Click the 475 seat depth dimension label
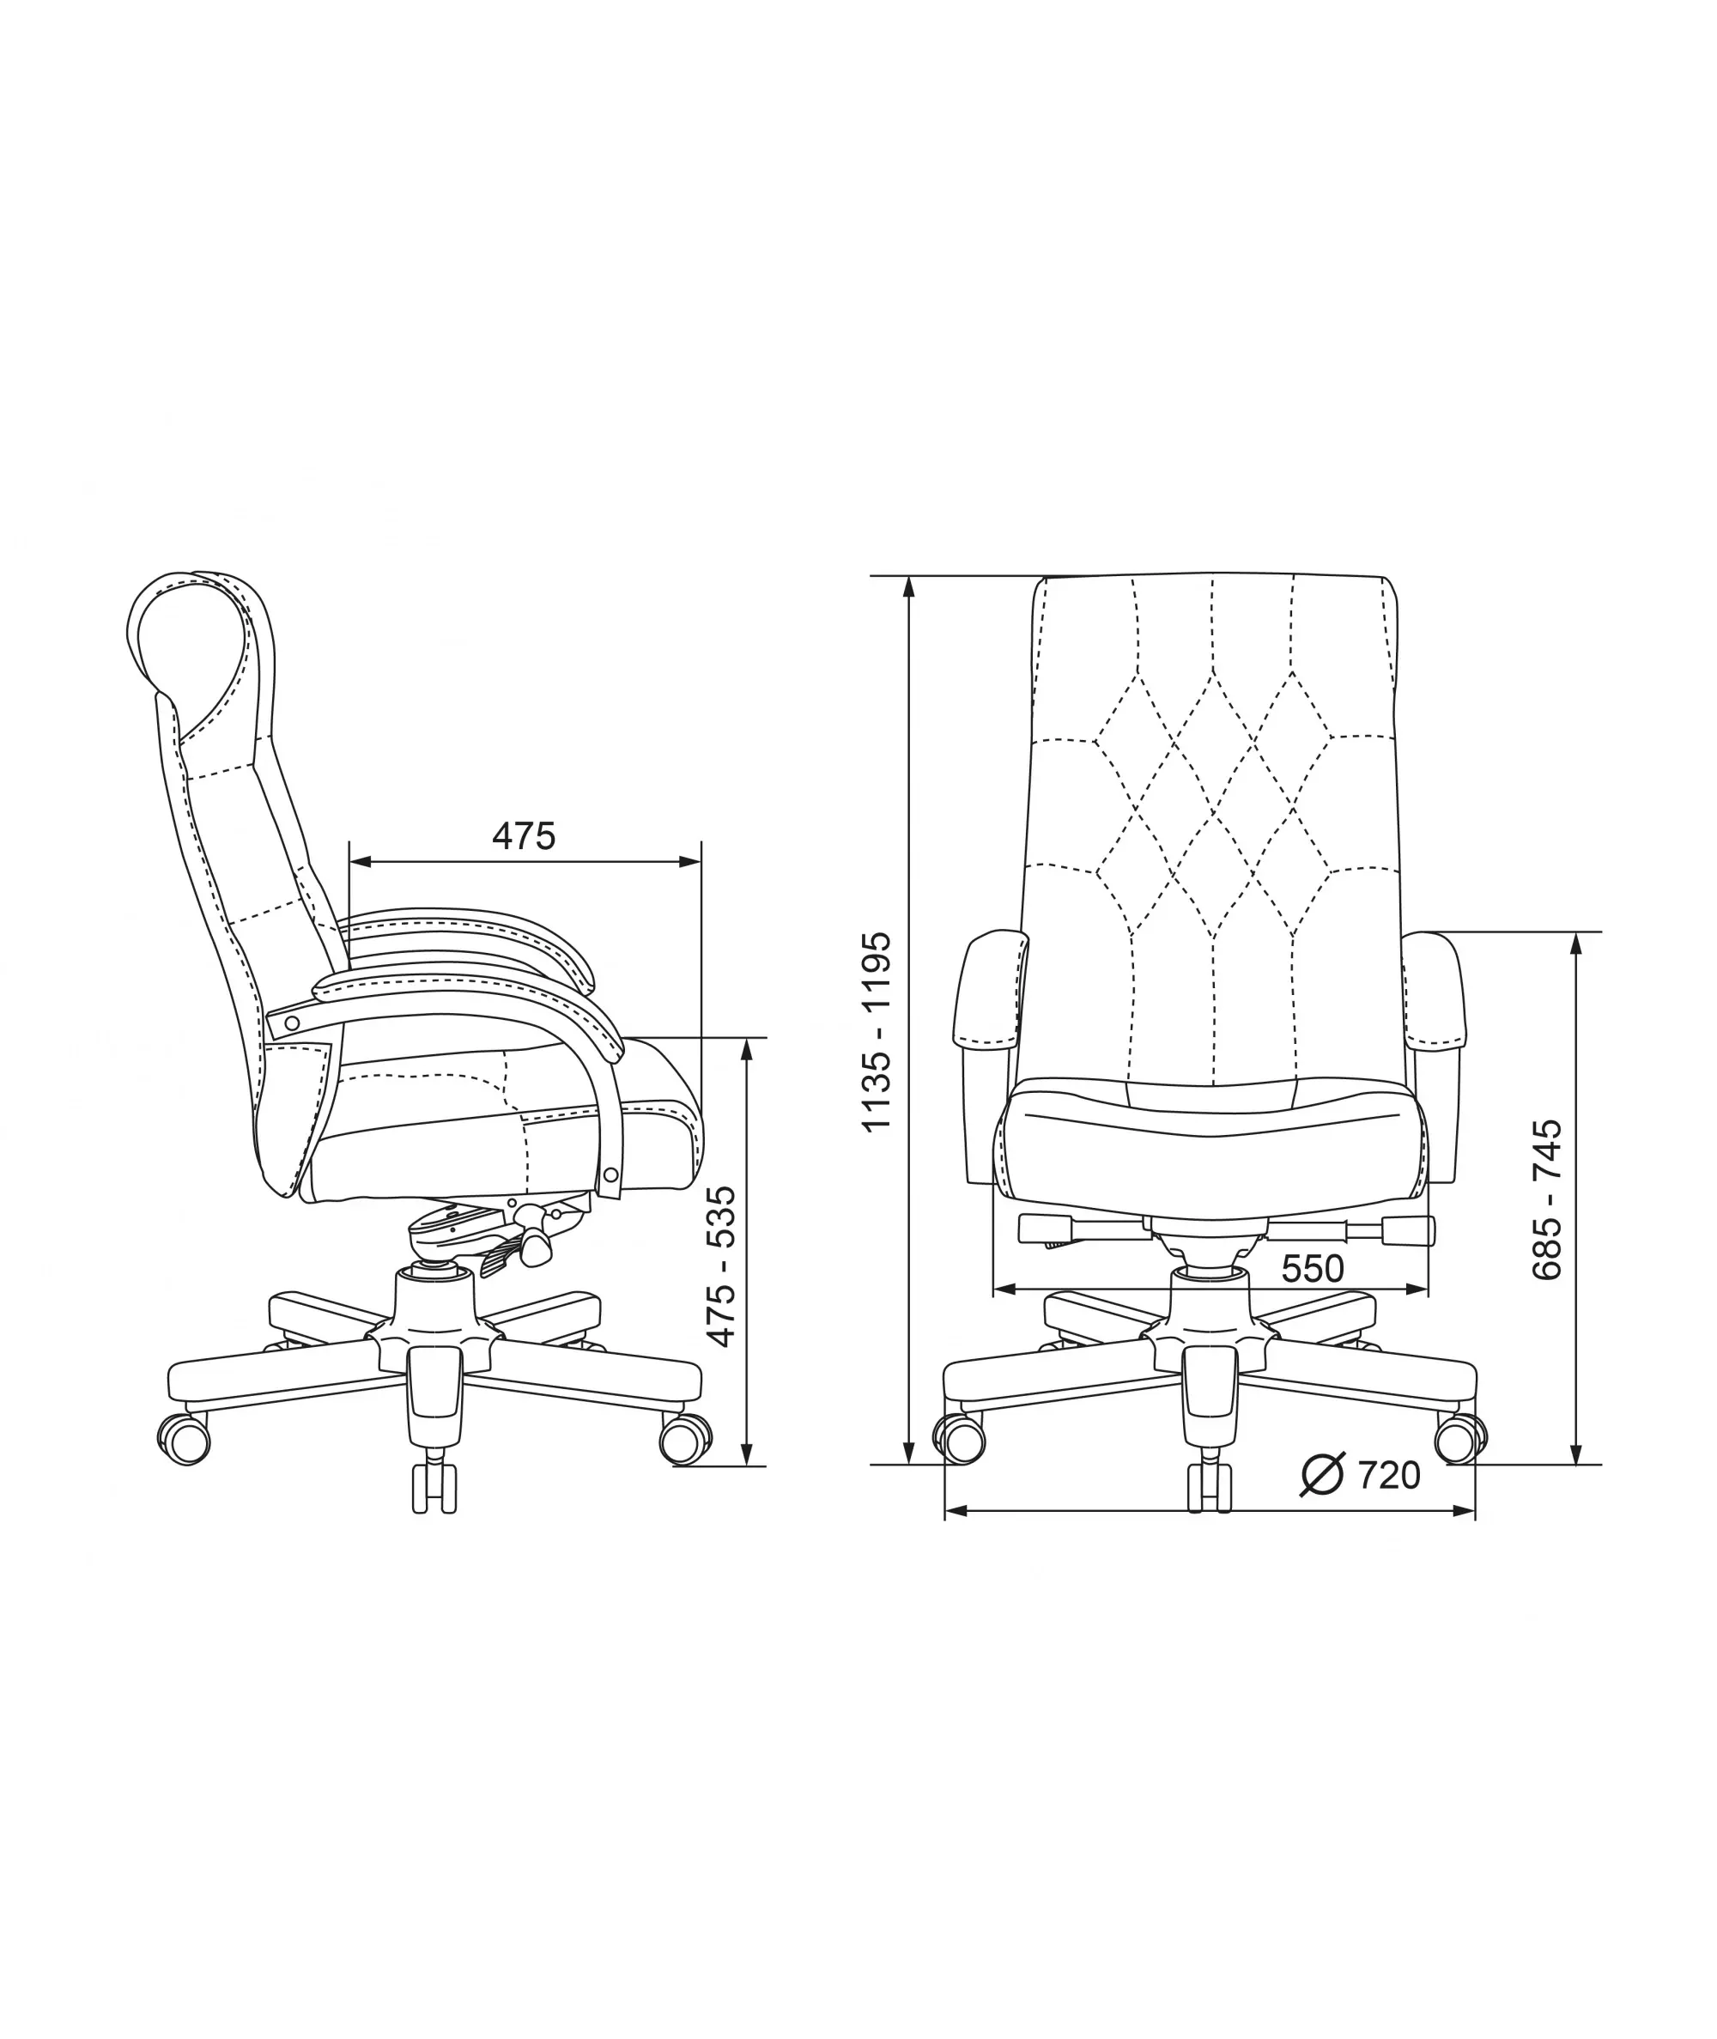[524, 836]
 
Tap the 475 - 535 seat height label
[721, 1266]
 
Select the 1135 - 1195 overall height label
[877, 1032]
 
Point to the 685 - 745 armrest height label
[1547, 1199]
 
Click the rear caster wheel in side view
[184, 1439]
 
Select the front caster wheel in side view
[685, 1439]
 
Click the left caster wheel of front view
[960, 1439]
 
